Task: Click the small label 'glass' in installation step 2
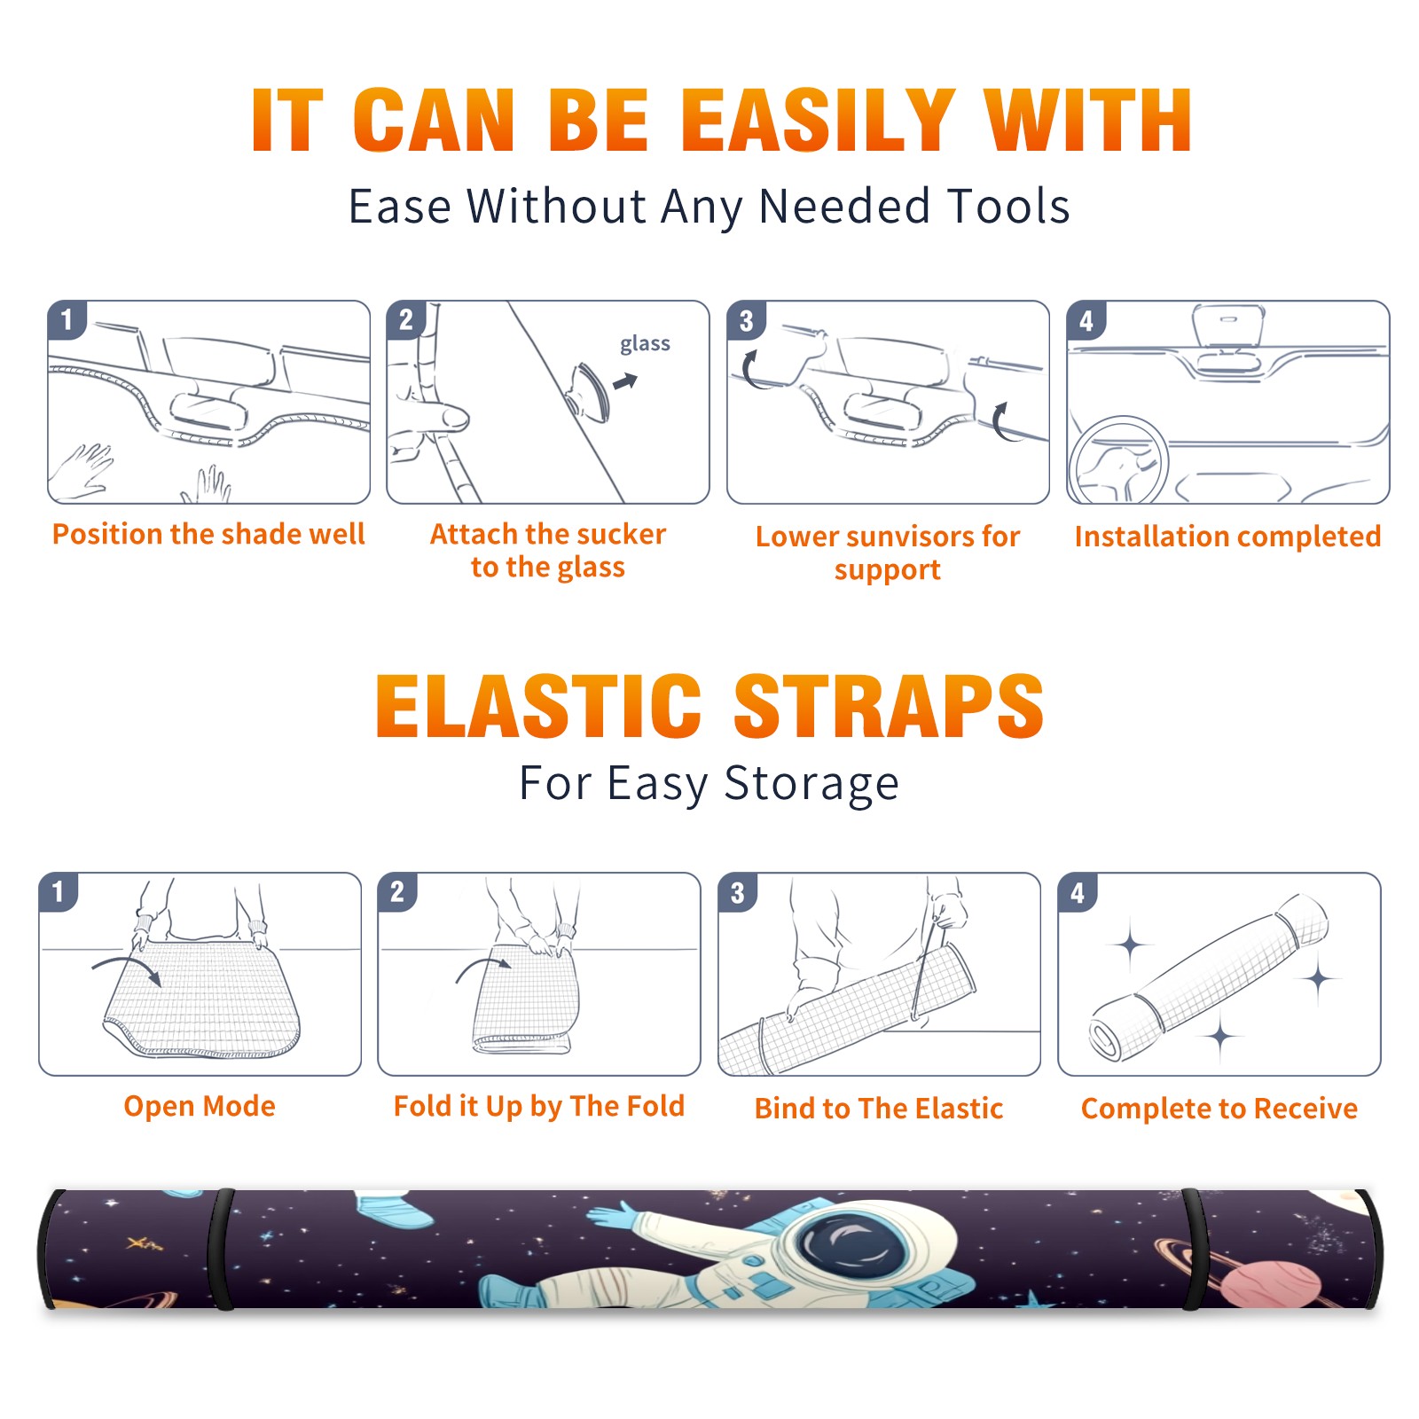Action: [645, 343]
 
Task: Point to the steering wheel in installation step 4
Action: [1118, 460]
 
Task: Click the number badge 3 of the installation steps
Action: [746, 320]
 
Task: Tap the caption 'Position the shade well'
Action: [208, 534]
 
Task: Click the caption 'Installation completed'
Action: [1227, 537]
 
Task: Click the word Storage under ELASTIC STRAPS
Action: [811, 785]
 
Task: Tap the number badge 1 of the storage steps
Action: [59, 891]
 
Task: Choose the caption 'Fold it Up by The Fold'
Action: [539, 1106]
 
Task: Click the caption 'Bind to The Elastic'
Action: [879, 1109]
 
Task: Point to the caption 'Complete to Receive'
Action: [1219, 1109]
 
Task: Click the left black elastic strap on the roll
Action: [221, 1249]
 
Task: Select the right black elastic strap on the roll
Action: [1194, 1249]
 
